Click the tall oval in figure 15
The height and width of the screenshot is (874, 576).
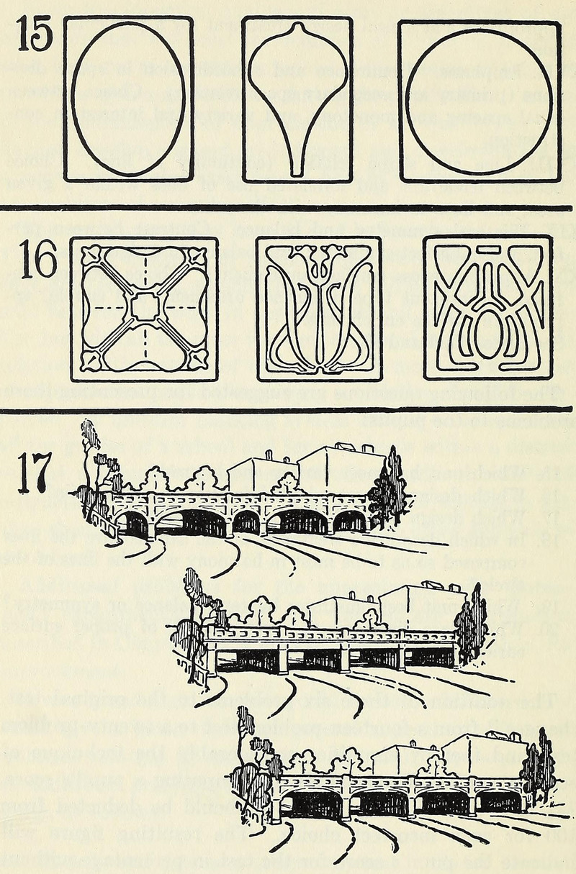point(128,99)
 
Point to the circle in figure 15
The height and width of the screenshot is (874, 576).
point(480,98)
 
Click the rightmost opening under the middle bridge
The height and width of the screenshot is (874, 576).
point(432,657)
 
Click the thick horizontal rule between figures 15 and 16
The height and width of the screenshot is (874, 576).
point(288,209)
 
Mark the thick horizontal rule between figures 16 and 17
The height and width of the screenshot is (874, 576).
point(288,409)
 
